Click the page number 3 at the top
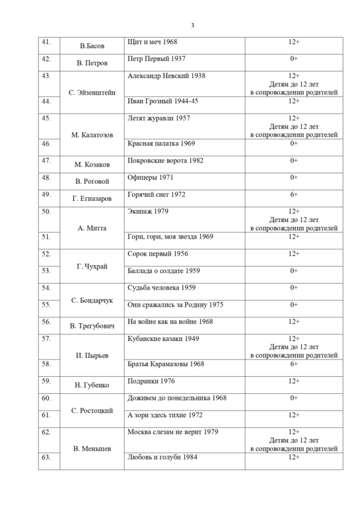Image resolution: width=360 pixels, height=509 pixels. pyautogui.click(x=192, y=26)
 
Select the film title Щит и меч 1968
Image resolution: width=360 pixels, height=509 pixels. pyautogui.click(x=153, y=42)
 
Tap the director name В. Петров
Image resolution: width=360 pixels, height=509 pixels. pyautogui.click(x=92, y=63)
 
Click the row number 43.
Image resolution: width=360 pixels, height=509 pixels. pyautogui.click(x=46, y=76)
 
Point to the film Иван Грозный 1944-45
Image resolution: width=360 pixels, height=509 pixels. pyautogui.click(x=164, y=101)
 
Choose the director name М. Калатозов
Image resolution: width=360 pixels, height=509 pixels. pyautogui.click(x=92, y=134)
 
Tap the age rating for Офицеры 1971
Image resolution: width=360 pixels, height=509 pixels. pyautogui.click(x=294, y=177)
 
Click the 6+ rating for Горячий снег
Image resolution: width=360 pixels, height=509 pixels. pyautogui.click(x=294, y=194)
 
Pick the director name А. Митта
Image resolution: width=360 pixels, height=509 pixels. pyautogui.click(x=92, y=228)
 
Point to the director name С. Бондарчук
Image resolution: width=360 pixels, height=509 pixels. pyautogui.click(x=92, y=300)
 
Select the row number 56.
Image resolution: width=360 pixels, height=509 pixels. pyautogui.click(x=46, y=322)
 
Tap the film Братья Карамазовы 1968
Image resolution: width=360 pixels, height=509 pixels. pyautogui.click(x=165, y=364)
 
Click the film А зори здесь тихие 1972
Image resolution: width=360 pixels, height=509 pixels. pyautogui.click(x=164, y=414)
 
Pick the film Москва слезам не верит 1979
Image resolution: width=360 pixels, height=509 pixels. pyautogui.click(x=172, y=432)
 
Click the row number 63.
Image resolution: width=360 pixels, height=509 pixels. pyautogui.click(x=46, y=457)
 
